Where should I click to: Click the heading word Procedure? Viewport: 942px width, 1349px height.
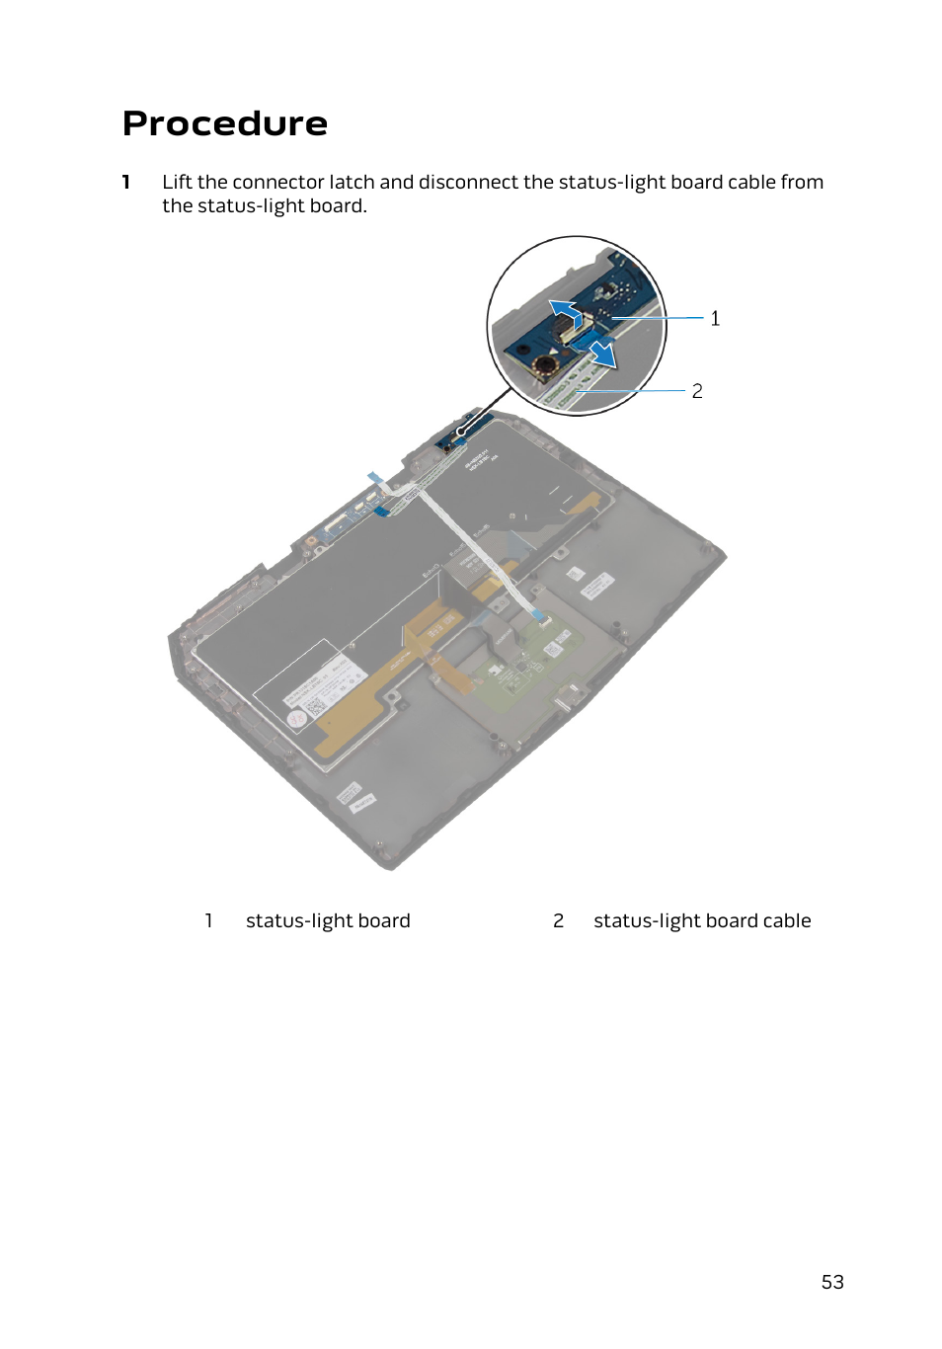(x=225, y=123)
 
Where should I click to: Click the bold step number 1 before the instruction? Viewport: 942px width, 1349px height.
(x=126, y=182)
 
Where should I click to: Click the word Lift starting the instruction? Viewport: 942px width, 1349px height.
(x=177, y=182)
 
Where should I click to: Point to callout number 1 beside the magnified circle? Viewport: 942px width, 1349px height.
(x=715, y=319)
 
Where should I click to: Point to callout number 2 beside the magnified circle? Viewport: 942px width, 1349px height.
(x=697, y=391)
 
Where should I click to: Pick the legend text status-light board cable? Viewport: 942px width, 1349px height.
(x=702, y=920)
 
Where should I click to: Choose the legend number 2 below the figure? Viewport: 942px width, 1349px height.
(x=558, y=920)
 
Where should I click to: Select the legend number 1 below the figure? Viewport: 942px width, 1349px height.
(x=208, y=920)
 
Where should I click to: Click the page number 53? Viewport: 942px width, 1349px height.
(x=832, y=1282)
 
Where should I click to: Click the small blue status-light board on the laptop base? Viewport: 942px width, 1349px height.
(x=460, y=432)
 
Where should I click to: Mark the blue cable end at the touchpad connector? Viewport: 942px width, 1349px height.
(x=539, y=616)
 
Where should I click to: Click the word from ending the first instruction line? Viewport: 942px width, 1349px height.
(x=802, y=182)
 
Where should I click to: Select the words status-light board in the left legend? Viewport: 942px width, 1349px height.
(x=328, y=920)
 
